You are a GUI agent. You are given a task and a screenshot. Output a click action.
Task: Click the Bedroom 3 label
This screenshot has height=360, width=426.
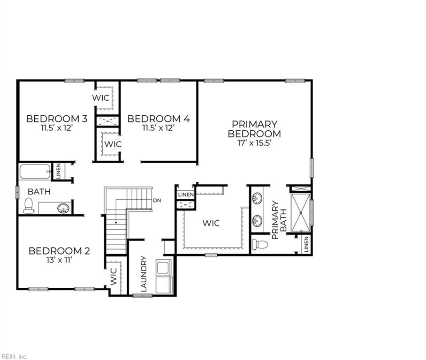(x=57, y=119)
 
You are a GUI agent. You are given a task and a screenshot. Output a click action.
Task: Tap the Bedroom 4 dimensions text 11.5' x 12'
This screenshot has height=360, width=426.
(x=159, y=127)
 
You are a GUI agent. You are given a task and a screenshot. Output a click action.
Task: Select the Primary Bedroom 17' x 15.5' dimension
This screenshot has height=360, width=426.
(x=255, y=143)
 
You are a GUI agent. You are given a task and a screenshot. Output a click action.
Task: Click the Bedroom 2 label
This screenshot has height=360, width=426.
(x=59, y=251)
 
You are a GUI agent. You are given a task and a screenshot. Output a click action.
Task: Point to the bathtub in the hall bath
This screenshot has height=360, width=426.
(x=35, y=171)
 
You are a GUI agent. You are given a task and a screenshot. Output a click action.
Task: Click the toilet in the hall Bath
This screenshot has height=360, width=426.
(x=29, y=205)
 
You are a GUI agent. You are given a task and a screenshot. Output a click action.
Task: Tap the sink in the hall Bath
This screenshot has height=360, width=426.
(x=63, y=208)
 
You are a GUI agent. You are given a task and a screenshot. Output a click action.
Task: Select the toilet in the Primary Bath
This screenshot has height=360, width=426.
(x=260, y=244)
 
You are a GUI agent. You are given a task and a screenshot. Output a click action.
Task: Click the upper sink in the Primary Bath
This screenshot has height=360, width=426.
(x=257, y=198)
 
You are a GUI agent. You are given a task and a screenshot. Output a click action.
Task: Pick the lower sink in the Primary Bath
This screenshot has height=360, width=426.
(x=257, y=221)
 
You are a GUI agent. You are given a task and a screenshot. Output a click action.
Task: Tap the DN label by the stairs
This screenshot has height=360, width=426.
(x=157, y=201)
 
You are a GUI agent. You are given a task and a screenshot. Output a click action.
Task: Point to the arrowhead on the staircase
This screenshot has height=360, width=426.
(x=116, y=223)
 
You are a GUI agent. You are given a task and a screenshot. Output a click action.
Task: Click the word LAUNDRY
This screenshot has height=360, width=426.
(x=144, y=274)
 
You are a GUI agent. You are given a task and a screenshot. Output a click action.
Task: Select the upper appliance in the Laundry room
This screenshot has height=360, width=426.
(x=164, y=267)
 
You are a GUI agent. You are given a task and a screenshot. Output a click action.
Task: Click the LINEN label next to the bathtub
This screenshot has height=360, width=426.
(x=59, y=171)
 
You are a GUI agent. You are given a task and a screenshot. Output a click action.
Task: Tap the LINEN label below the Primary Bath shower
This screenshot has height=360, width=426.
(x=306, y=244)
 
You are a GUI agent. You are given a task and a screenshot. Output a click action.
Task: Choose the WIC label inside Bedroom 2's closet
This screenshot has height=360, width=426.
(x=114, y=277)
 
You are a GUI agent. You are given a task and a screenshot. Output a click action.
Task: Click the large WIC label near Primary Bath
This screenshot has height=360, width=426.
(x=211, y=223)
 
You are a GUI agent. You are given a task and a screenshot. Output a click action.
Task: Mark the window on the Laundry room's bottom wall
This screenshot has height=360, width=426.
(x=142, y=295)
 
